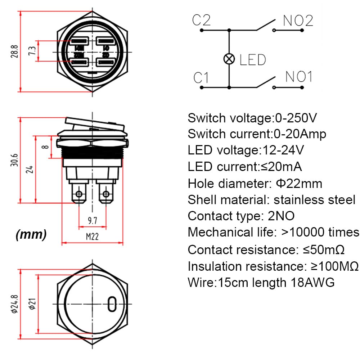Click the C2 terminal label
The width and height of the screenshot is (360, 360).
point(201,20)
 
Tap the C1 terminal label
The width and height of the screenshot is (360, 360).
point(201,77)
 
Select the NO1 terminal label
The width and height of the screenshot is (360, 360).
point(299,76)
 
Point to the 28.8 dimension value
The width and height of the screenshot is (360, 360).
point(13,51)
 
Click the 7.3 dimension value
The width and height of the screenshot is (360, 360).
point(32,51)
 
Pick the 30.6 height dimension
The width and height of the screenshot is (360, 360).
point(13,160)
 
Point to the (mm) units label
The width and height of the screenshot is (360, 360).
point(31,235)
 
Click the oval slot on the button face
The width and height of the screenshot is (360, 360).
point(112,303)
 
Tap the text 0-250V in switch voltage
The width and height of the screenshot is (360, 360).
point(296,118)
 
